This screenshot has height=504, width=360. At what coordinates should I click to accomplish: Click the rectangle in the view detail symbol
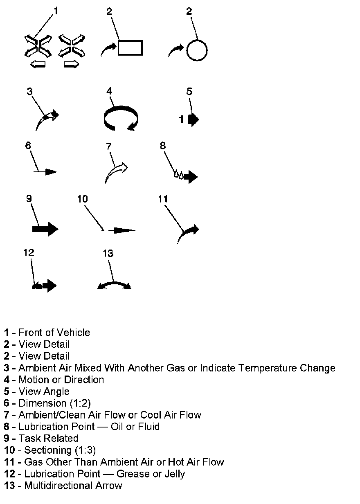pyautogui.click(x=130, y=47)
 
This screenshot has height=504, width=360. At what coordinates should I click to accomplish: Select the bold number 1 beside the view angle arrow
pyautogui.click(x=181, y=119)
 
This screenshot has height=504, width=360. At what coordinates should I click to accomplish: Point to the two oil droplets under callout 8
pyautogui.click(x=178, y=175)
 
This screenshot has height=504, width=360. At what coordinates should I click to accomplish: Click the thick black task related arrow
pyautogui.click(x=45, y=229)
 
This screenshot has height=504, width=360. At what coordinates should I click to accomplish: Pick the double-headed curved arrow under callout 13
pyautogui.click(x=115, y=285)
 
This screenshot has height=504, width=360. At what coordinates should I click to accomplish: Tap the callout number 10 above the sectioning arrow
pyautogui.click(x=82, y=199)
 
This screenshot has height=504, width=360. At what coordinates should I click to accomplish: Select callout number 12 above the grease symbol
pyautogui.click(x=29, y=252)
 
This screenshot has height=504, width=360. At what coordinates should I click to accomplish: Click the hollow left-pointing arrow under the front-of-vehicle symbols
pyautogui.click(x=38, y=64)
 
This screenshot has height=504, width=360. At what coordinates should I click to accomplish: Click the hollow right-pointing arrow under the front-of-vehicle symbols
pyautogui.click(x=71, y=64)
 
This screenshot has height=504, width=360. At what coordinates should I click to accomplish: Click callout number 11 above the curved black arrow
pyautogui.click(x=163, y=199)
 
